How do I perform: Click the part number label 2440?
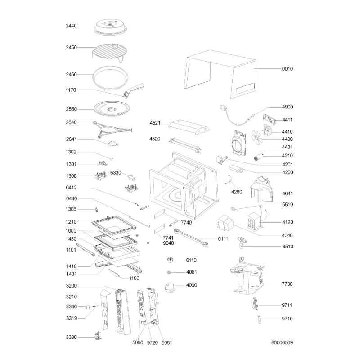pyautogui.click(x=71, y=26)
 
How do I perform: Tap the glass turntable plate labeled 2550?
pyautogui.click(x=112, y=109)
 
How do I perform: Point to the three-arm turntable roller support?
pyautogui.click(x=113, y=130)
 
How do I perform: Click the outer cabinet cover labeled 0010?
pyautogui.click(x=220, y=74)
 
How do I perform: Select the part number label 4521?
pyautogui.click(x=155, y=123)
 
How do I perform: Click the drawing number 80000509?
pyautogui.click(x=282, y=342)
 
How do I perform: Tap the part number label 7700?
pyautogui.click(x=287, y=284)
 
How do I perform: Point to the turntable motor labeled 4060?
pyautogui.click(x=170, y=287)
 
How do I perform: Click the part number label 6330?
pyautogui.click(x=116, y=173)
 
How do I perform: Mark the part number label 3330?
pyautogui.click(x=72, y=337)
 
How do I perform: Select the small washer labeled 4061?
pyautogui.click(x=169, y=272)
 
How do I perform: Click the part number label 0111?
pyautogui.click(x=223, y=239)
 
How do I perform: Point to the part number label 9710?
pyautogui.click(x=287, y=319)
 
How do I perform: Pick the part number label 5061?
pyautogui.click(x=166, y=343)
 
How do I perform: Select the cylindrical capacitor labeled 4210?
pyautogui.click(x=258, y=157)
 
